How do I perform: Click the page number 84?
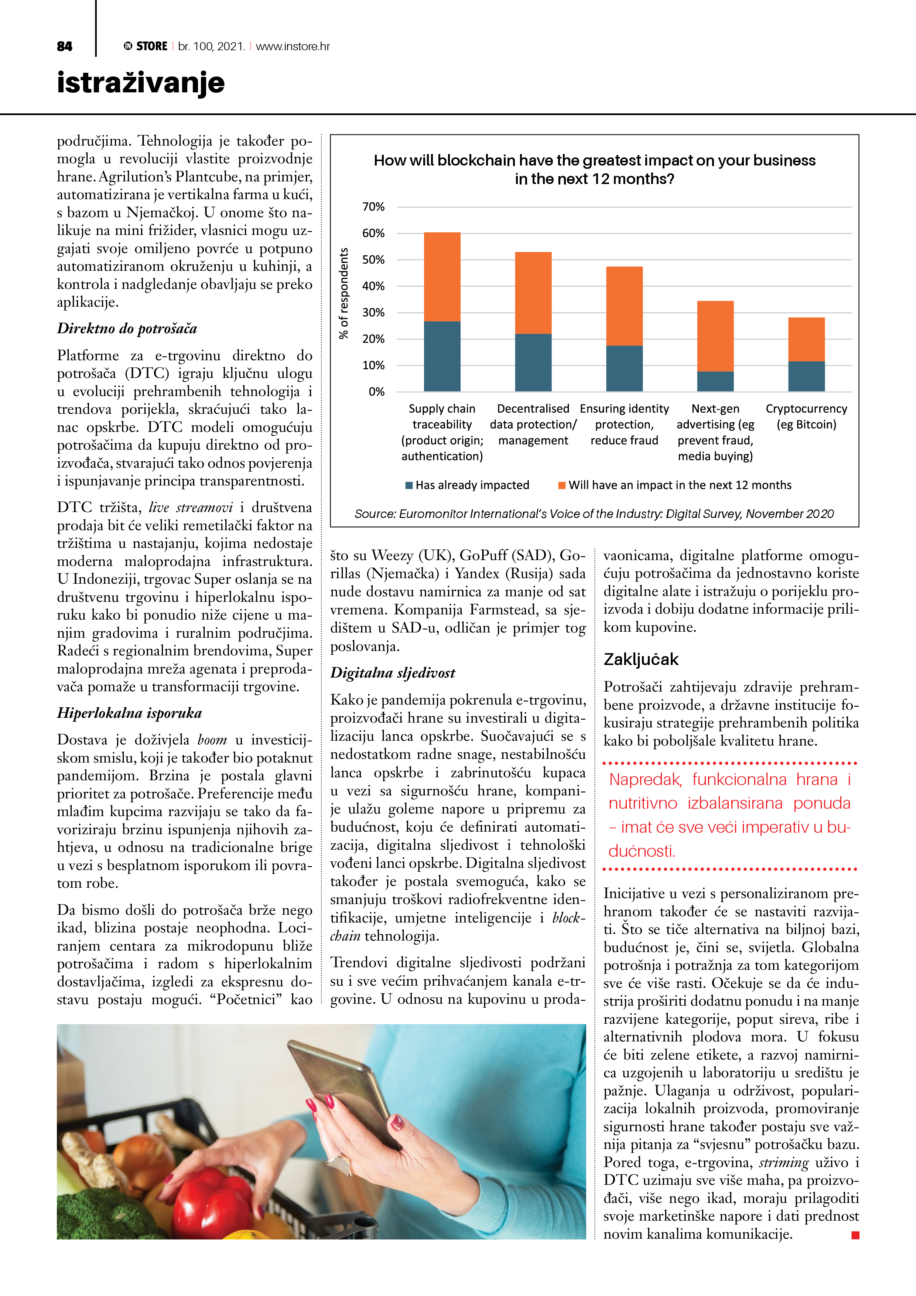[x=64, y=46]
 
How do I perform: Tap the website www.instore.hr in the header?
[x=293, y=46]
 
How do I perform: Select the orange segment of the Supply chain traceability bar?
[x=442, y=277]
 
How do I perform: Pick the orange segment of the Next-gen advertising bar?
[x=715, y=336]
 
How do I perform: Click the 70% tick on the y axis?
[x=373, y=207]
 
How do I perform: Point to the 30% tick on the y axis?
[x=373, y=313]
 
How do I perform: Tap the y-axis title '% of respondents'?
[x=344, y=293]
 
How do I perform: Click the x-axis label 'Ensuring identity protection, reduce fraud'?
[x=624, y=424]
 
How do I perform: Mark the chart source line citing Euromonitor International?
[x=594, y=514]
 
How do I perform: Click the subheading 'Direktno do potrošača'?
[x=127, y=328]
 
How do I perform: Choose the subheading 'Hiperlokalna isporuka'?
[x=129, y=713]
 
